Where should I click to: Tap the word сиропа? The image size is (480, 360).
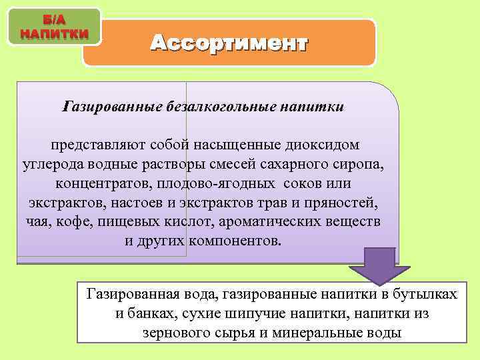point(361,164)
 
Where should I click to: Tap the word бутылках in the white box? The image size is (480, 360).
point(431,294)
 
